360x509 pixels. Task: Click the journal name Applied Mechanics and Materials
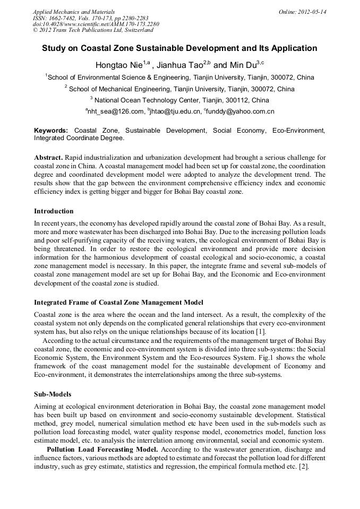pos(73,12)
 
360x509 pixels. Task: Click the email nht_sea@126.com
pos(115,111)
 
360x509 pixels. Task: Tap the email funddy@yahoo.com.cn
pos(239,111)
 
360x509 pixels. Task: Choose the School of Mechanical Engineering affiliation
pos(181,89)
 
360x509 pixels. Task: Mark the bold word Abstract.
pos(49,158)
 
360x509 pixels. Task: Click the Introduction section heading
pos(54,211)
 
